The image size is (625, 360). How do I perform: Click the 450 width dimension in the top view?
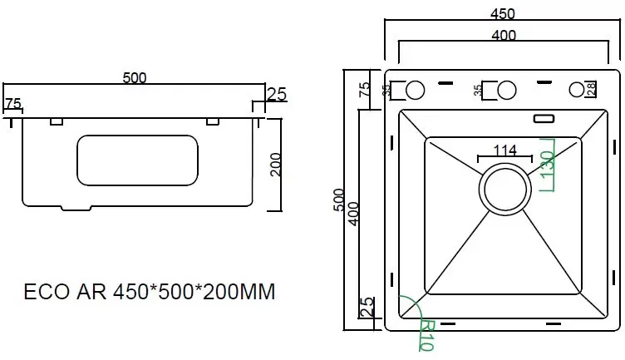click(x=502, y=13)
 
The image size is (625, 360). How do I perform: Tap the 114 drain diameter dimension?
click(x=505, y=150)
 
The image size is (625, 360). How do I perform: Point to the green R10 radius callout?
click(x=426, y=336)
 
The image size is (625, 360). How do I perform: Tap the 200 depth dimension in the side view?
click(x=275, y=165)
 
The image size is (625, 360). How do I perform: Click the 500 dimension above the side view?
click(x=135, y=78)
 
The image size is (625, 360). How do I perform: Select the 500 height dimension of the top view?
click(x=338, y=200)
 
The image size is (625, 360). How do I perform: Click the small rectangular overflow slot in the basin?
click(x=544, y=118)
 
